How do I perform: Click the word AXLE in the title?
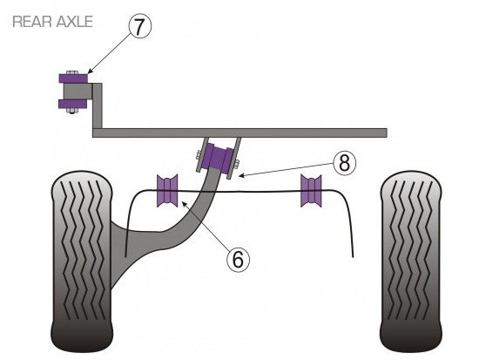[74, 22]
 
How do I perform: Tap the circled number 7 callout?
[140, 27]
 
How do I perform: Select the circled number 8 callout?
[345, 164]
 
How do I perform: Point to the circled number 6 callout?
[238, 260]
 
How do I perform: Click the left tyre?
[82, 262]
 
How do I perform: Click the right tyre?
[411, 262]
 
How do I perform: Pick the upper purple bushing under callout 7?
[73, 78]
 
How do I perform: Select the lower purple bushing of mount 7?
[72, 104]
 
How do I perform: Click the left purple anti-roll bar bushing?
[167, 191]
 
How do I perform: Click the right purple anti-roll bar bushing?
[311, 191]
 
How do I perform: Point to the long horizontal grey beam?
[239, 132]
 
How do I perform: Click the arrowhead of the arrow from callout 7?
[89, 71]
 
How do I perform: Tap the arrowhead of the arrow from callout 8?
[240, 176]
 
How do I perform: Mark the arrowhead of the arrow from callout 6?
[184, 203]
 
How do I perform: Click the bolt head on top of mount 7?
[72, 72]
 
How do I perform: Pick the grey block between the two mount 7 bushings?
[78, 92]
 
